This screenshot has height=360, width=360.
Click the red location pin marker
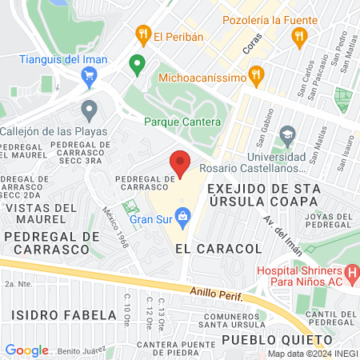[x=181, y=162]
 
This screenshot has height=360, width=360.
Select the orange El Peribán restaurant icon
[x=144, y=34]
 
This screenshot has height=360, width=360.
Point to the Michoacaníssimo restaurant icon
[x=257, y=77]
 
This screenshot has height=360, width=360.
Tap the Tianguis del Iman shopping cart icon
[x=89, y=75]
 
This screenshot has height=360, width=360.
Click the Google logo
[x=26, y=350]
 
